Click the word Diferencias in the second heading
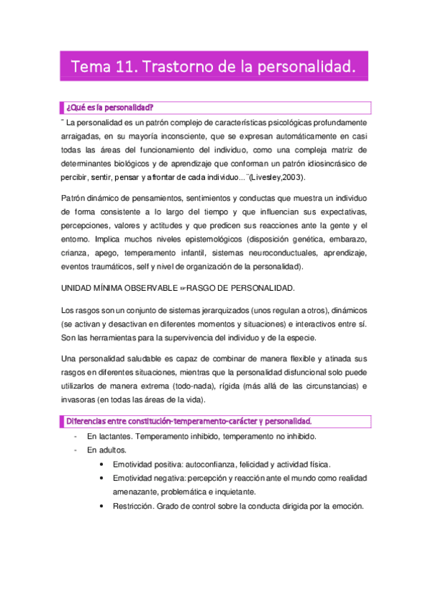pyautogui.click(x=88, y=419)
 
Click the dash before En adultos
pyautogui.click(x=76, y=450)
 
